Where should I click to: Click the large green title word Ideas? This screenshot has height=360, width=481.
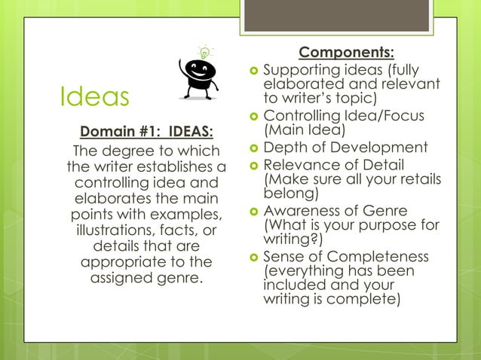(94, 96)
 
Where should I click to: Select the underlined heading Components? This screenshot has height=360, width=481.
(346, 52)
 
